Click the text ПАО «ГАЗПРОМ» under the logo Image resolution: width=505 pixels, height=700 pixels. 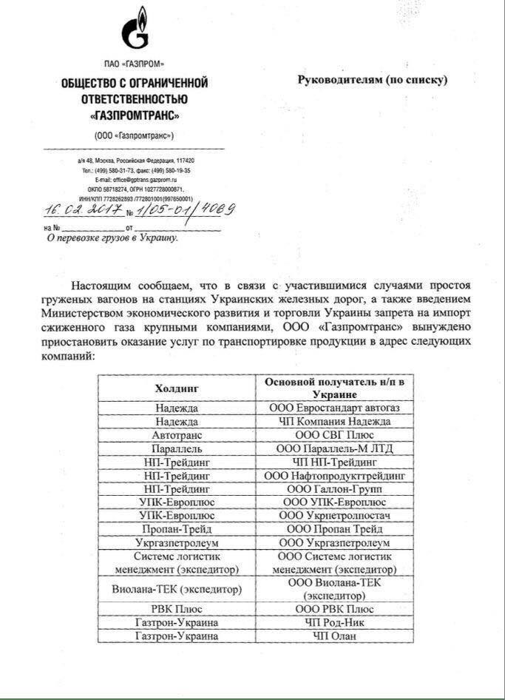click(135, 64)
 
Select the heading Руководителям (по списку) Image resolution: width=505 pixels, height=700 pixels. click(373, 79)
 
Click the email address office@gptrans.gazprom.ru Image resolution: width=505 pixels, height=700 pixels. click(135, 179)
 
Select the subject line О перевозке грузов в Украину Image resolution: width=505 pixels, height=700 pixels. click(112, 238)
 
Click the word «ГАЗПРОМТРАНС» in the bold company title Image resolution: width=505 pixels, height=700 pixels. click(135, 116)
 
